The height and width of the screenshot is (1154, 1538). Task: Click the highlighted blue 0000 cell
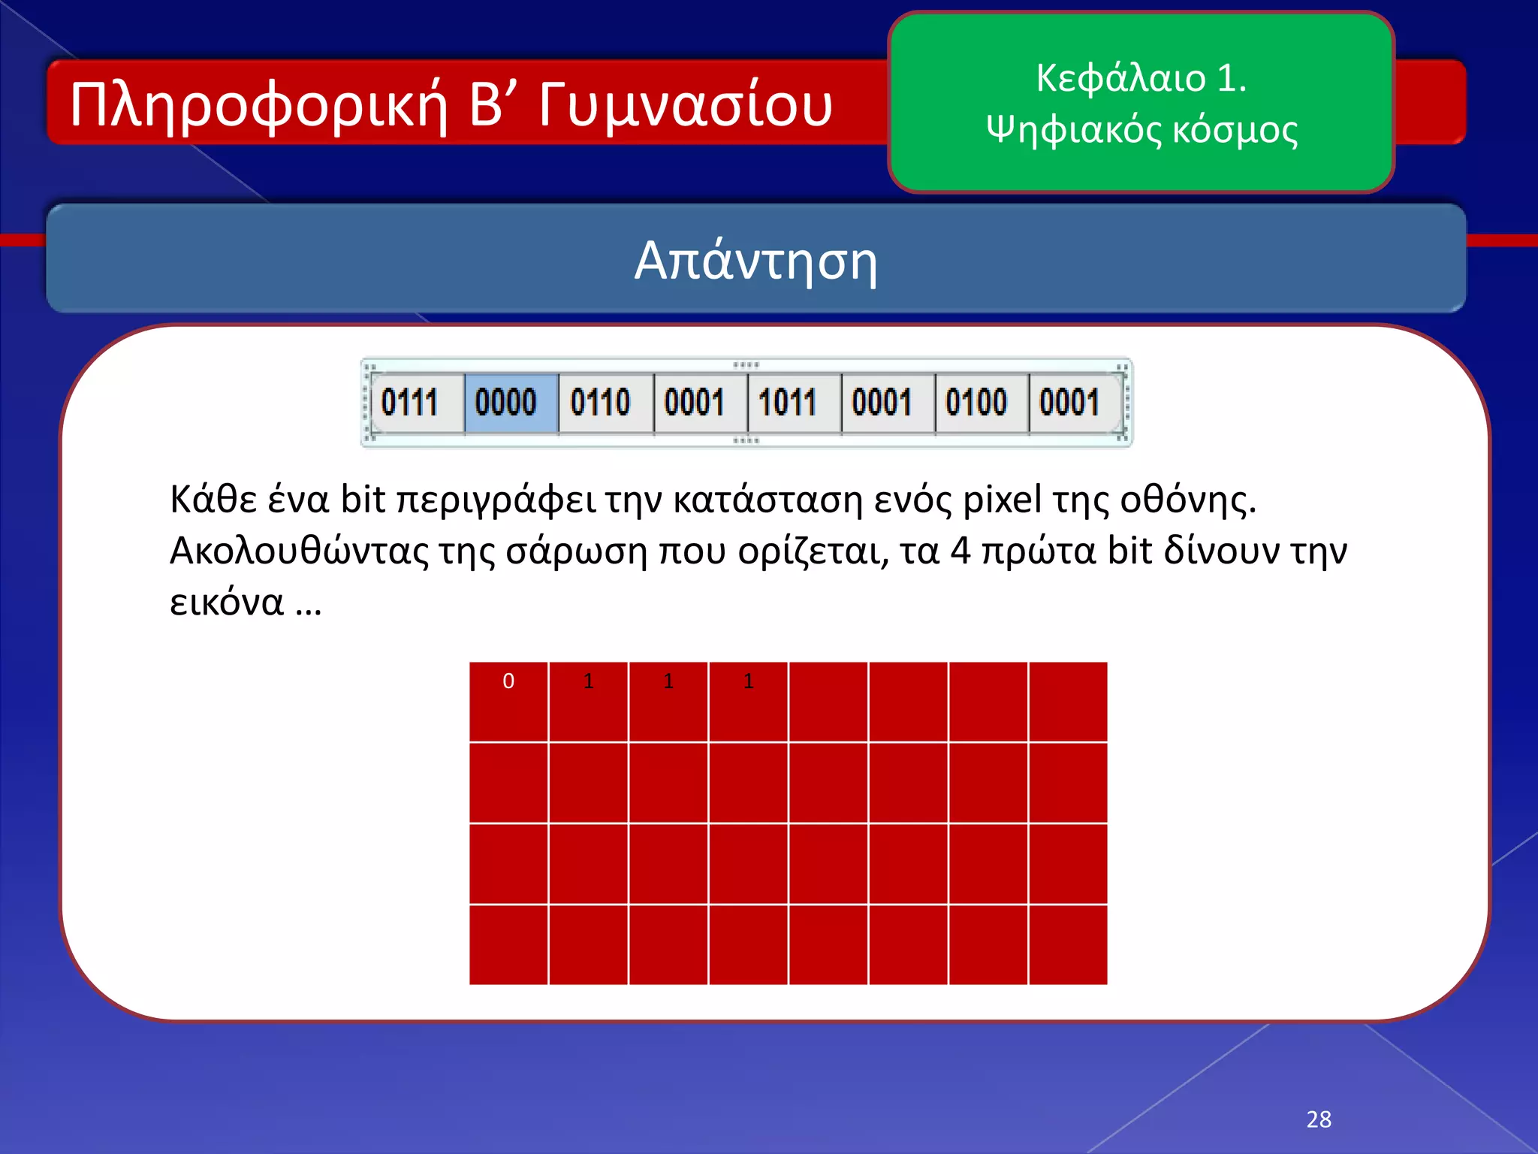(511, 403)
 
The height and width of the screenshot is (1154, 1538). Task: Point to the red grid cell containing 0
(508, 701)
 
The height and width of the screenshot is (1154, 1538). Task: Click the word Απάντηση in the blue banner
(755, 261)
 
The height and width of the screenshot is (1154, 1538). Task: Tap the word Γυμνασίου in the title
(685, 105)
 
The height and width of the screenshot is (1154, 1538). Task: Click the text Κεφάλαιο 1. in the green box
(1141, 77)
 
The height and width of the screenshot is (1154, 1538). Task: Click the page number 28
(1319, 1119)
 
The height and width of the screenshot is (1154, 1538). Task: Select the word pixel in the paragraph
(1002, 499)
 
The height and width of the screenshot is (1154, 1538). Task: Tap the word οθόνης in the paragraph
(1187, 499)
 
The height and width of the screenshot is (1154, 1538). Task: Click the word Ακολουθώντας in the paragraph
(299, 551)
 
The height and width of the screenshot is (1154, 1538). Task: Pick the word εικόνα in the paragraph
(227, 603)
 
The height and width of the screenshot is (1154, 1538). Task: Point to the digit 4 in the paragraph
(960, 551)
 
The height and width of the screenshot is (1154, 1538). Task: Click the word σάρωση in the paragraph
(576, 551)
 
